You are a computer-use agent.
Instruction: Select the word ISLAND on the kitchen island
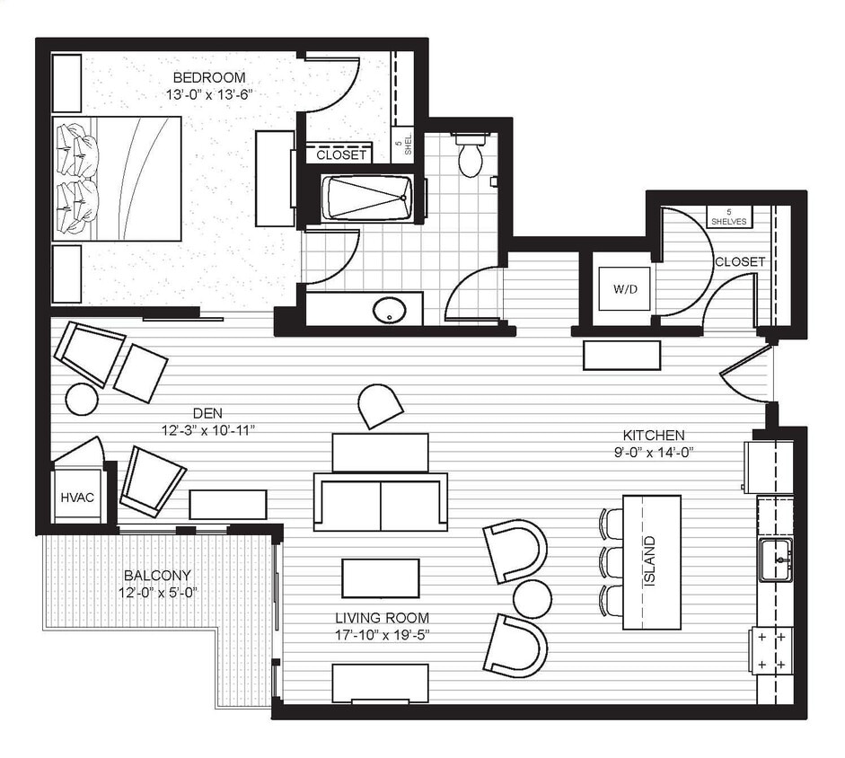(x=650, y=561)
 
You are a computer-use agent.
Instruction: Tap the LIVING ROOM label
(x=382, y=618)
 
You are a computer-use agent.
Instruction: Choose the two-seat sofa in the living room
(x=380, y=501)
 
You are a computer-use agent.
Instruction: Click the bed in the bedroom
(x=118, y=179)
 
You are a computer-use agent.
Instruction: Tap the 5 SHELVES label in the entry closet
(x=728, y=216)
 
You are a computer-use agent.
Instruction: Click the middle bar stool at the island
(x=612, y=561)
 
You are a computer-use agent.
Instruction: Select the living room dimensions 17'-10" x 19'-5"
(x=382, y=634)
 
